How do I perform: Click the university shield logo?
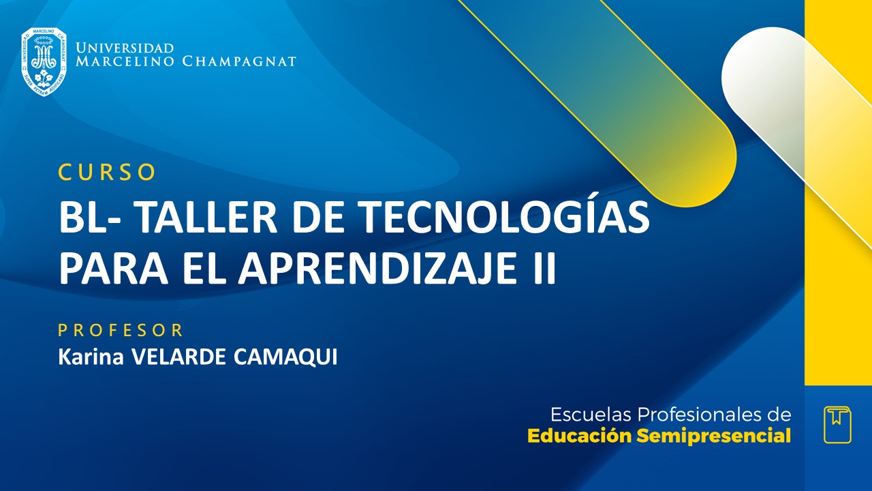tap(44, 61)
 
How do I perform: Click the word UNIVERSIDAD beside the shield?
tap(125, 48)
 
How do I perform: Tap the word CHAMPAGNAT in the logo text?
tap(239, 61)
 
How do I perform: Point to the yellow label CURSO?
tap(107, 173)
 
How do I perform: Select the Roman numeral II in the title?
tap(543, 268)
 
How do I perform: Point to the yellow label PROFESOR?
tap(121, 331)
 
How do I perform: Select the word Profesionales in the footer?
tap(701, 415)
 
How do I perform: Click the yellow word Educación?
tap(580, 436)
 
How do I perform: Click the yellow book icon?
tap(837, 424)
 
